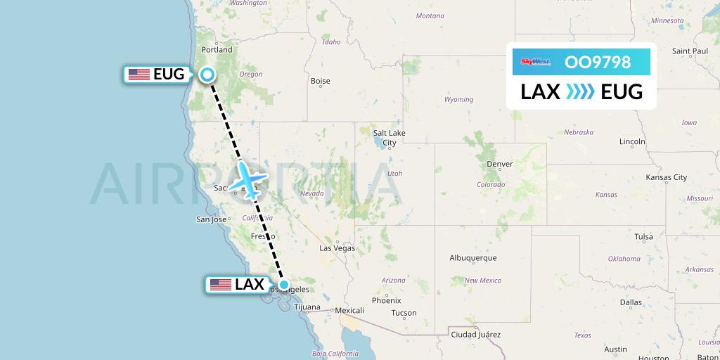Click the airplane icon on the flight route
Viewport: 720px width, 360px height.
(247, 180)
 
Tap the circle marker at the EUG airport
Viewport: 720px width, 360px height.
(207, 75)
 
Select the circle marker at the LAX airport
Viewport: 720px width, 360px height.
(283, 285)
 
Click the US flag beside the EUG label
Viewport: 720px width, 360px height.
(139, 74)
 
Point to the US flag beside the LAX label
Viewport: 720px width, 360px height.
(221, 285)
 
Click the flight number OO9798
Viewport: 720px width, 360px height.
(598, 62)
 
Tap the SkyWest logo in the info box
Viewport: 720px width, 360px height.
(535, 62)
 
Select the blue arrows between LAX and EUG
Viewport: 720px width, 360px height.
(581, 91)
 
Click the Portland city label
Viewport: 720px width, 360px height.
(217, 50)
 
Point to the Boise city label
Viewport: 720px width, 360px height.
(320, 81)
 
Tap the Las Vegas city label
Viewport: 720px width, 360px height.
(337, 248)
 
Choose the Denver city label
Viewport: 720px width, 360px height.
(500, 164)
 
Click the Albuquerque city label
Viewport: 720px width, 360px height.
(473, 258)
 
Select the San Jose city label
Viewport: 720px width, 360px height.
(210, 219)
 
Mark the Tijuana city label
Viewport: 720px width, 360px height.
(307, 307)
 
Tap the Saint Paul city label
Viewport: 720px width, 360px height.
(690, 51)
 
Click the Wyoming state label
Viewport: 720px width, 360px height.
(458, 100)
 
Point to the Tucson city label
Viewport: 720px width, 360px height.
(404, 313)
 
